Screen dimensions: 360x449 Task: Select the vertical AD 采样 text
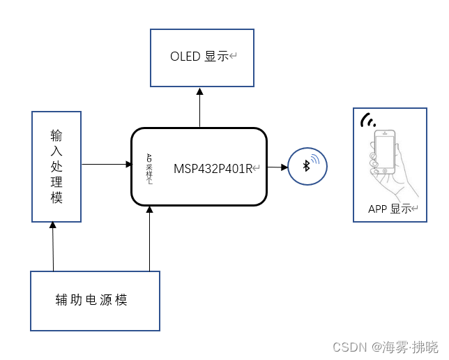(x=149, y=168)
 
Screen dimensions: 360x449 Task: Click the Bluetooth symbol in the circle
(x=305, y=165)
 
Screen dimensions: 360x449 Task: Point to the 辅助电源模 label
(x=91, y=300)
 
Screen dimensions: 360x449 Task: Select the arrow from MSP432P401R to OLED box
(x=199, y=107)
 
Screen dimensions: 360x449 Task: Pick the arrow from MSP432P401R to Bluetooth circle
(x=277, y=167)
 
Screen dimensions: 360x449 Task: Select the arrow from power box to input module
(x=53, y=246)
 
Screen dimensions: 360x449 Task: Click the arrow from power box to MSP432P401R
(x=149, y=239)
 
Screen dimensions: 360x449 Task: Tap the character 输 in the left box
(x=56, y=134)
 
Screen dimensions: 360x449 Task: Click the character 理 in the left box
(x=56, y=182)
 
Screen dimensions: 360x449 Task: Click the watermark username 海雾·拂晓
(x=410, y=347)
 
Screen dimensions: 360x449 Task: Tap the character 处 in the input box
(x=56, y=166)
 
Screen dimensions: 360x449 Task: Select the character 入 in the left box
(x=56, y=150)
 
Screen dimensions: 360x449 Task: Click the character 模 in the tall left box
(x=56, y=198)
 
